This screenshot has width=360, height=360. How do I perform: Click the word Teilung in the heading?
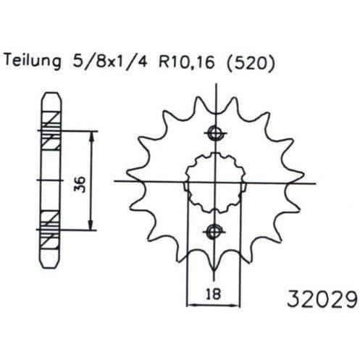(x=33, y=60)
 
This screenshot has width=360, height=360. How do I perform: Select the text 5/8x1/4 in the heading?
(x=109, y=61)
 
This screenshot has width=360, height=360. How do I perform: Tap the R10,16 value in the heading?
(x=186, y=61)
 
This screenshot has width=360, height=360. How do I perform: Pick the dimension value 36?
(x=80, y=185)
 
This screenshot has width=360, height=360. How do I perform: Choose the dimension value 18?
(x=214, y=294)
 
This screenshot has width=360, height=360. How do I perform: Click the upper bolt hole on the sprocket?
(x=215, y=133)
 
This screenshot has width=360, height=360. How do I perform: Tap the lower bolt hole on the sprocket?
(x=214, y=232)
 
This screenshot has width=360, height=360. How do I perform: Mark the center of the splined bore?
(x=214, y=183)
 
